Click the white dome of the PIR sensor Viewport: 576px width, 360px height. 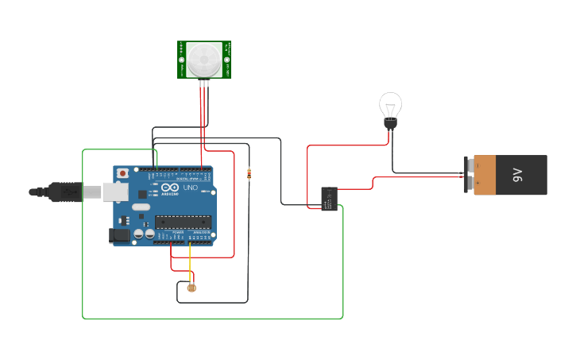click(x=204, y=58)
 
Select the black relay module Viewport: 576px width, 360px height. click(x=329, y=198)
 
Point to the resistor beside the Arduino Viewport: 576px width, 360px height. click(x=250, y=174)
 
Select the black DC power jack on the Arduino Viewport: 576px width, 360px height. click(x=118, y=235)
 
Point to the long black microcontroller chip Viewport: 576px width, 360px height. click(x=184, y=223)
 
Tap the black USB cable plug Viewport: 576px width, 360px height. click(x=64, y=192)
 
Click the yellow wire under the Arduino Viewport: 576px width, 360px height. click(x=189, y=258)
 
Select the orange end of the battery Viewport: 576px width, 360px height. click(x=484, y=175)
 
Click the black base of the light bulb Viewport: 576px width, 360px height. click(x=390, y=124)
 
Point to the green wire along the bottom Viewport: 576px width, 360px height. click(x=215, y=319)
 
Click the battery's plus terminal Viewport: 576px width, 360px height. click(x=468, y=165)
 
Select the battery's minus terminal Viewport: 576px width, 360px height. click(x=468, y=184)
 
